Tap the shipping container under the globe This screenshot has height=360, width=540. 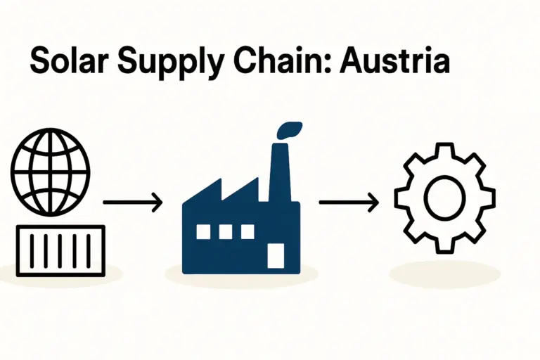point(60,250)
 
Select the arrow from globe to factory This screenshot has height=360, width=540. point(133,203)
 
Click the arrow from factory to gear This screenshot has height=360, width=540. point(348,203)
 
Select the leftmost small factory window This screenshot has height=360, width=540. point(203,231)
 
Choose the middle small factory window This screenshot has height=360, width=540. point(226,231)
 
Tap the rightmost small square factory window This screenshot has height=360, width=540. point(247,231)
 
